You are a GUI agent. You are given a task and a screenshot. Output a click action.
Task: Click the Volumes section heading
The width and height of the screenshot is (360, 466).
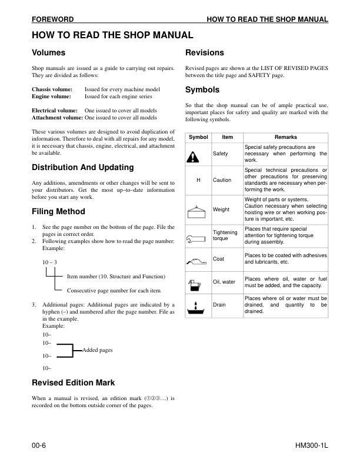(x=49, y=53)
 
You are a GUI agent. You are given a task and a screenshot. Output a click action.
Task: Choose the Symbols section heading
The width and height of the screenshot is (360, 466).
(x=202, y=90)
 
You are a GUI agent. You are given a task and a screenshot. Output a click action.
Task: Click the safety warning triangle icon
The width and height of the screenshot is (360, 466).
(x=194, y=155)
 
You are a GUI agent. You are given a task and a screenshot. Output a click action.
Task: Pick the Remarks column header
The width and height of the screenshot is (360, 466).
(x=286, y=137)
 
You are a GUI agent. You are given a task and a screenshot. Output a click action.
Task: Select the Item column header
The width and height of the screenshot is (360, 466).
(x=228, y=137)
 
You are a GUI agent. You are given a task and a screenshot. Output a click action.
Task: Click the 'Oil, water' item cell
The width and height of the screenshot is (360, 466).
(x=224, y=282)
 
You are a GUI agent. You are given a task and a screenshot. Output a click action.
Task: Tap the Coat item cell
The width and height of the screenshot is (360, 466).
(x=219, y=259)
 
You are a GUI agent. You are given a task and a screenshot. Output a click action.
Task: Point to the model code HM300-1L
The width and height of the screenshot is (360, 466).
(x=309, y=446)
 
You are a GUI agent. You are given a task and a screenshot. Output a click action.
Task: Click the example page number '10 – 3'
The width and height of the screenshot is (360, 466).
(x=49, y=262)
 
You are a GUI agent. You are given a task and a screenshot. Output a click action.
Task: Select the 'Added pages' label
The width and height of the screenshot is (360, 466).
(x=98, y=350)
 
